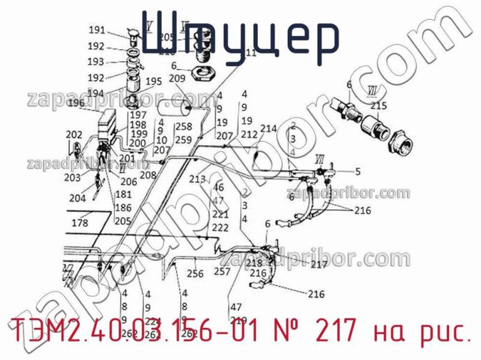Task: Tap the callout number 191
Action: (x=97, y=30)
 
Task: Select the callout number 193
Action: (x=96, y=61)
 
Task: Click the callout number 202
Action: (x=74, y=134)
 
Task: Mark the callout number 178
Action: (x=80, y=223)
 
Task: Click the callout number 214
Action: (x=268, y=128)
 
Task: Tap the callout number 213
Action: (x=197, y=178)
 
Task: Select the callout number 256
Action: (x=195, y=273)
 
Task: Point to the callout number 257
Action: (x=222, y=271)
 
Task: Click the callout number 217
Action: (x=319, y=264)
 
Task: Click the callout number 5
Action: (x=358, y=171)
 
